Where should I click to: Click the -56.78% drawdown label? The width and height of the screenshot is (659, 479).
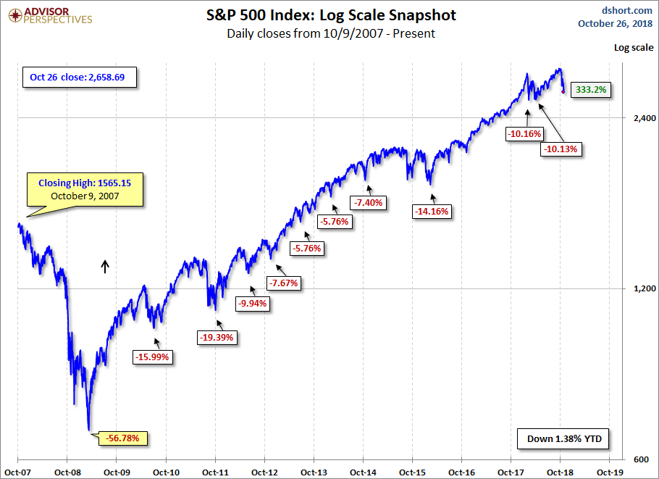click(127, 438)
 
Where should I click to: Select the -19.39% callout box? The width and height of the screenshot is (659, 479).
click(218, 337)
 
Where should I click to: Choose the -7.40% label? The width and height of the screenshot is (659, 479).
click(370, 202)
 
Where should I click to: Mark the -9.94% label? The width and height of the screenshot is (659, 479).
click(253, 304)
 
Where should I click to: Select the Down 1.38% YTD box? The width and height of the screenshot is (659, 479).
click(564, 439)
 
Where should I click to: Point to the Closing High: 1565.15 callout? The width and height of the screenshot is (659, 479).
click(85, 189)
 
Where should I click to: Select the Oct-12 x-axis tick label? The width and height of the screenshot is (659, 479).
click(264, 471)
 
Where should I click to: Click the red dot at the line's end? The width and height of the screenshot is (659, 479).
click(563, 91)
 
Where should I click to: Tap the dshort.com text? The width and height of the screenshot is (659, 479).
click(628, 10)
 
